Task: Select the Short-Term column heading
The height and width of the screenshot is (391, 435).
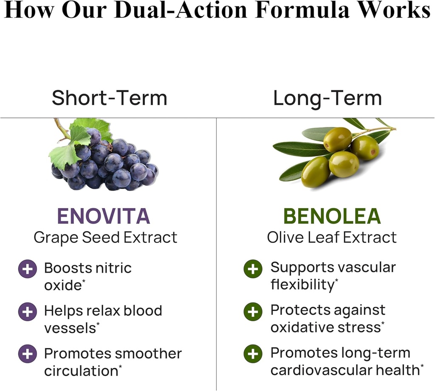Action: (109, 98)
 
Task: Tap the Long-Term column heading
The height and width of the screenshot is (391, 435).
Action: (327, 98)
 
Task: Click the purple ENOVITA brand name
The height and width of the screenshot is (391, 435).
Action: (104, 216)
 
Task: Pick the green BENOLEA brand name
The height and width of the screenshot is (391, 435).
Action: (332, 216)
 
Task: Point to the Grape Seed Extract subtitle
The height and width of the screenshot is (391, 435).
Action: (105, 237)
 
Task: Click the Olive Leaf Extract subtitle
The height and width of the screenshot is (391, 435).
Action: (332, 237)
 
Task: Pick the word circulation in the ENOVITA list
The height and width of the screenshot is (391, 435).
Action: (80, 371)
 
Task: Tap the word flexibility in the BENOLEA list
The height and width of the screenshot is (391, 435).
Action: (302, 285)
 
